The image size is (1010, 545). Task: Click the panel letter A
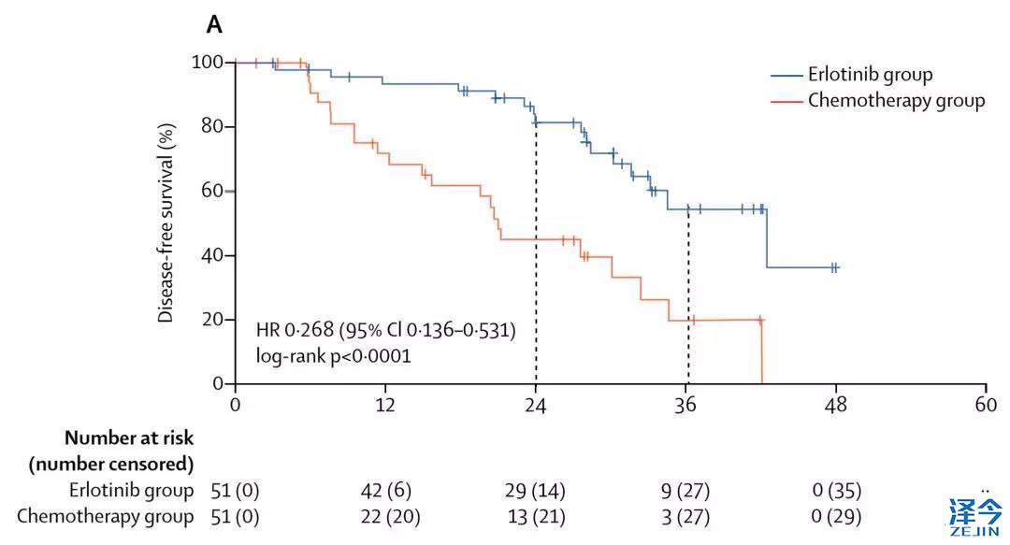(214, 25)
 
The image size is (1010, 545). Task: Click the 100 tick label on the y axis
(208, 63)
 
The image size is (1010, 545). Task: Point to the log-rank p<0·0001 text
(333, 355)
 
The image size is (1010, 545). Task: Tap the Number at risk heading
(128, 437)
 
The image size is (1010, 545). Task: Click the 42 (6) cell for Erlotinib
(385, 491)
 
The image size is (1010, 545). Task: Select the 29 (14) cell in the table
(535, 491)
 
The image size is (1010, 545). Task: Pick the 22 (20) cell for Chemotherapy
(385, 516)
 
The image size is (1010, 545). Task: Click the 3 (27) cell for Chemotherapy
(685, 516)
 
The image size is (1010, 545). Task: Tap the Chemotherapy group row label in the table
(105, 516)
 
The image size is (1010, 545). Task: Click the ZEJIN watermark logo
(975, 516)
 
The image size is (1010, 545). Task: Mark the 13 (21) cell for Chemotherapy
(535, 516)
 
